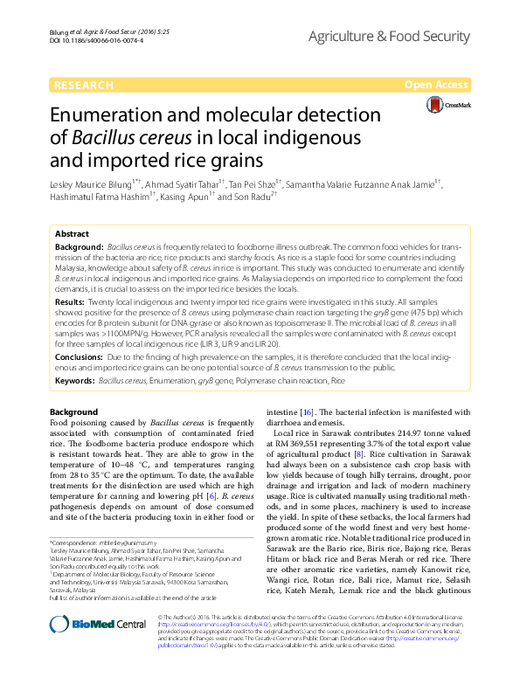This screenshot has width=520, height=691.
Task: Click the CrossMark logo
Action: point(447,106)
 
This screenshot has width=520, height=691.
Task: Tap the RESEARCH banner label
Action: point(83,85)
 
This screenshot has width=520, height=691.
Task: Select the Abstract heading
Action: point(72,235)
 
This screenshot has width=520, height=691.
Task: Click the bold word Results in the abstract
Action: point(71,300)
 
